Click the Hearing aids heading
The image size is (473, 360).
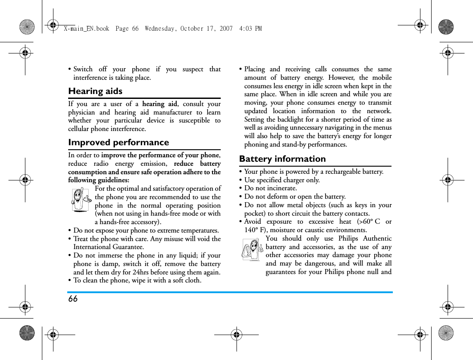coord(95,91)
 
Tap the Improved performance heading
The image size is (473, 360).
coord(118,143)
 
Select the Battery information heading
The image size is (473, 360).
coord(282,159)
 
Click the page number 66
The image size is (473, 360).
coord(73,299)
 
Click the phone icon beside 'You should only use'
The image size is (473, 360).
coord(252,250)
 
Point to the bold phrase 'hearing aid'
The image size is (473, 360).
coord(159,104)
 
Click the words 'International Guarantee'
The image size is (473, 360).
coord(108,247)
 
